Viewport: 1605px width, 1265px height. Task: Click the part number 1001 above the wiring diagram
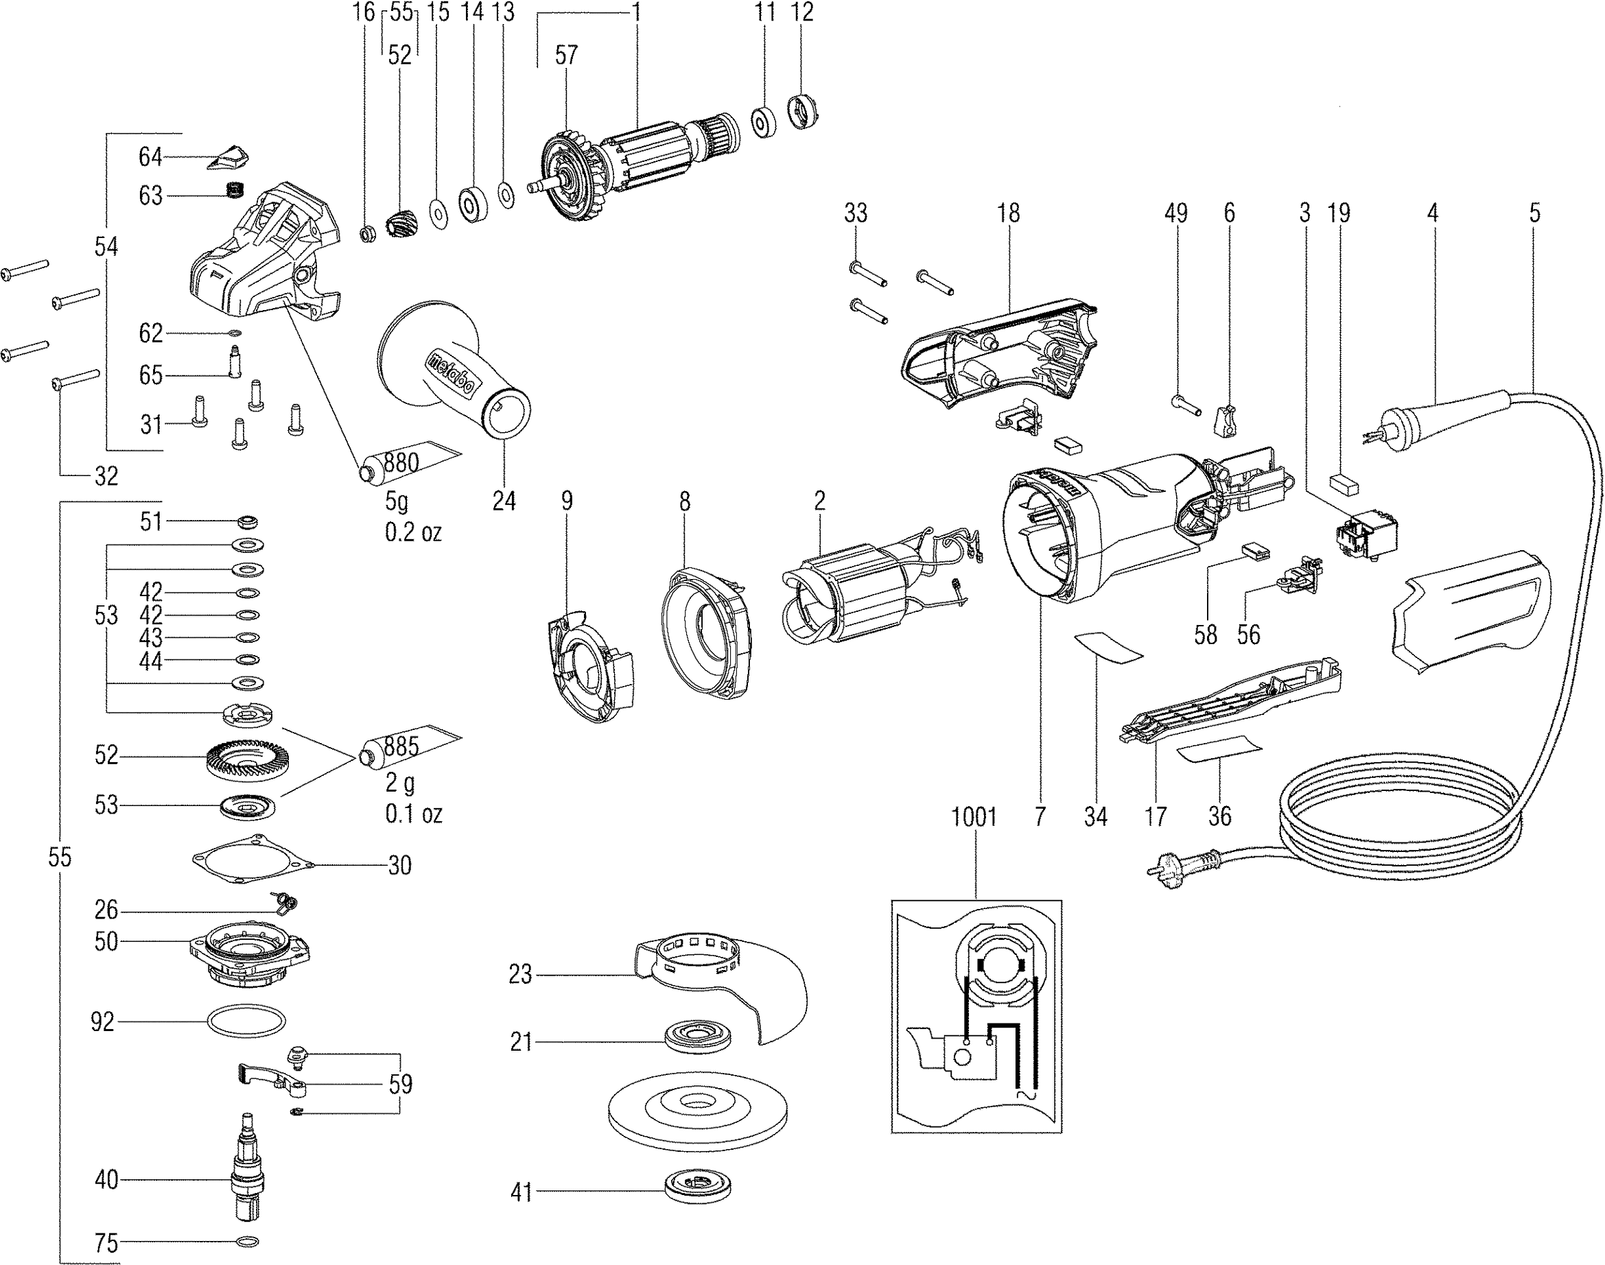tap(973, 818)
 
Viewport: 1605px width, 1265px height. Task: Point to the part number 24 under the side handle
tap(504, 501)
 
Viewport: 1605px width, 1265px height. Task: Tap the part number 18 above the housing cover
tap(1008, 213)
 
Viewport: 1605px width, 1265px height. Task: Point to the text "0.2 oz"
tap(412, 532)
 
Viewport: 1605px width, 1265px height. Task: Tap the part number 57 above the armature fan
tap(566, 55)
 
